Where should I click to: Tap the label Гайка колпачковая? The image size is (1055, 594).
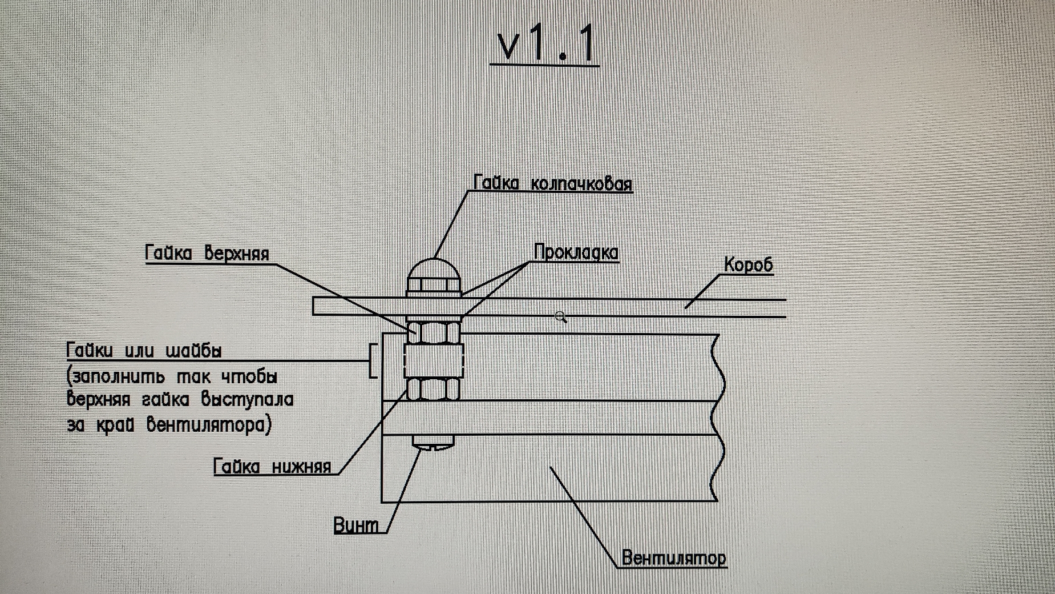[553, 183]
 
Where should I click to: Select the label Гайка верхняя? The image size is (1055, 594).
[207, 253]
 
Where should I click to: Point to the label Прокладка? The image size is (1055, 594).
[576, 252]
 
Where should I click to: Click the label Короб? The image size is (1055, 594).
[748, 264]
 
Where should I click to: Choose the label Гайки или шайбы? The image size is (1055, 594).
[144, 350]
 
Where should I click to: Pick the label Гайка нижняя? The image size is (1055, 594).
[272, 467]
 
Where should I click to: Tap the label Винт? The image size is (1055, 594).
[356, 525]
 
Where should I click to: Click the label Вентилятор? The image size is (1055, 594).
[674, 557]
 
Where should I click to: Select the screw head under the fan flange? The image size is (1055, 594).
[433, 443]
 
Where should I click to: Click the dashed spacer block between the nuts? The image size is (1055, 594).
[434, 360]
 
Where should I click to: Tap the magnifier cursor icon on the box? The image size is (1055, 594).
[561, 318]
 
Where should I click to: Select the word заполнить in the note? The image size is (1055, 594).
[116, 376]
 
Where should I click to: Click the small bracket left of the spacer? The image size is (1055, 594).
[373, 360]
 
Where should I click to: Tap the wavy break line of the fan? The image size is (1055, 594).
[717, 417]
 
